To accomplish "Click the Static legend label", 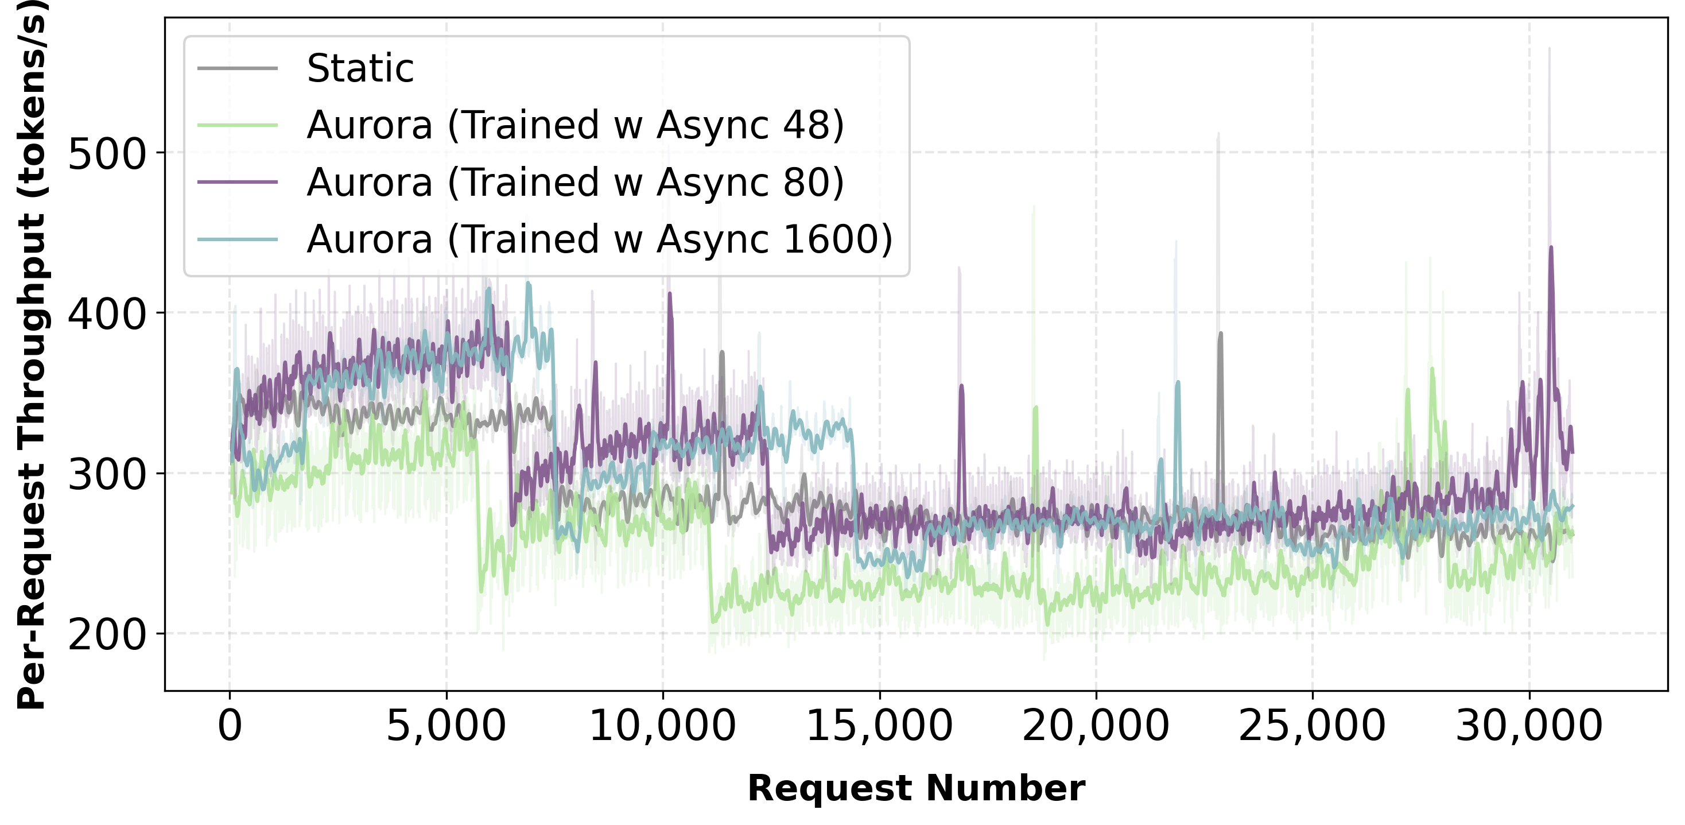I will [x=360, y=69].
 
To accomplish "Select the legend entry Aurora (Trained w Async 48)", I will [x=575, y=125].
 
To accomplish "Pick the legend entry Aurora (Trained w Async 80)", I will [x=575, y=182].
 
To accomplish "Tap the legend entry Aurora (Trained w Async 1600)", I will [x=599, y=239].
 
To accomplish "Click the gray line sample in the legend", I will [x=238, y=69].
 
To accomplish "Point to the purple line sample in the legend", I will [x=238, y=182].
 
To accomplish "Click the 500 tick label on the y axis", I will [x=106, y=155].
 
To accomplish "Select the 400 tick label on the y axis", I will [x=106, y=315].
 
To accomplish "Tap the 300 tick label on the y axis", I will [x=106, y=475].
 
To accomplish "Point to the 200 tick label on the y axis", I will [x=106, y=636].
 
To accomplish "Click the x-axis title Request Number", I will [x=916, y=788].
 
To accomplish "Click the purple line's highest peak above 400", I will [x=1551, y=248].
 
